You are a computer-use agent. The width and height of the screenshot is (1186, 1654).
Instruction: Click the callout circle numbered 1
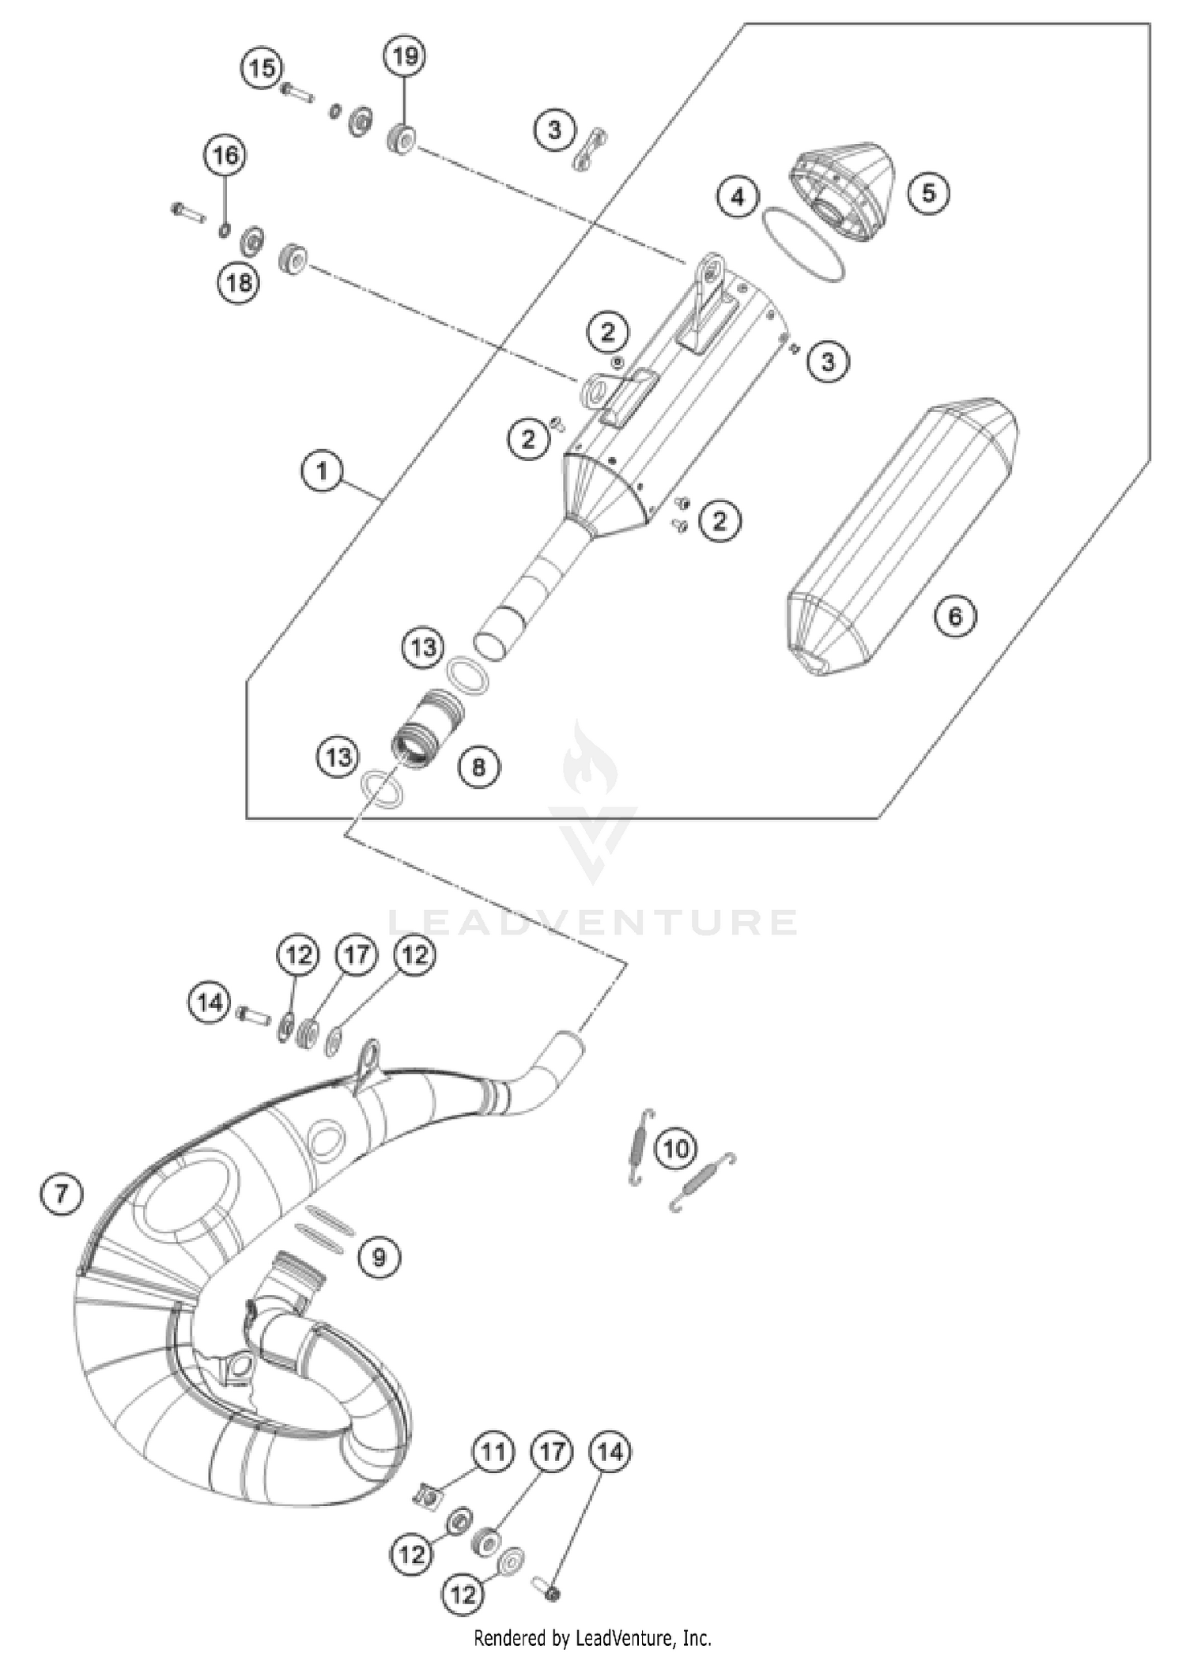click(322, 472)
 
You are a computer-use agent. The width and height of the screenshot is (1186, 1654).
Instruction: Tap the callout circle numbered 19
click(404, 56)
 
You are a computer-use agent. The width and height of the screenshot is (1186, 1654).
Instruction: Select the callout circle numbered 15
click(263, 68)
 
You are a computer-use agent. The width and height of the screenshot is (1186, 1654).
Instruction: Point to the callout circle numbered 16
click(225, 155)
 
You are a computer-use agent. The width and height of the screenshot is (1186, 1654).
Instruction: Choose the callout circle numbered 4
click(738, 196)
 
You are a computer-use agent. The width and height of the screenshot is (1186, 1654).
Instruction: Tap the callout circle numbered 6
click(955, 615)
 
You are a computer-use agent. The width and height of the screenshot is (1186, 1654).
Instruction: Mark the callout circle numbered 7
click(61, 1194)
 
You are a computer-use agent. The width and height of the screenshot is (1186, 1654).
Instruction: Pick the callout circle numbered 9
click(379, 1256)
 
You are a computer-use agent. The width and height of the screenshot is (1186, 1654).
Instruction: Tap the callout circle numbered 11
click(493, 1452)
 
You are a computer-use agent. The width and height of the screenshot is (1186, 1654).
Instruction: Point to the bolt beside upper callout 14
click(252, 1011)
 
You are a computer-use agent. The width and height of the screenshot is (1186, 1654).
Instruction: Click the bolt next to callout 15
click(296, 92)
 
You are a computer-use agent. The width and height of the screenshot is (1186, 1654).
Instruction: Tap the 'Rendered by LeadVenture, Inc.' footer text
click(592, 1637)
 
